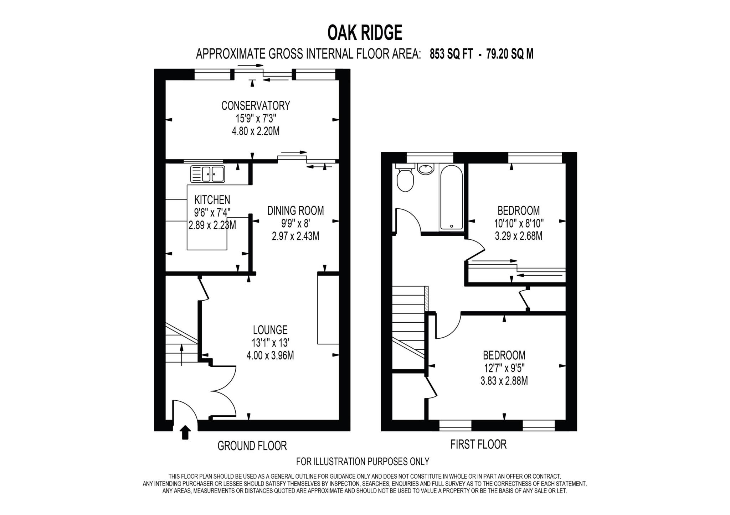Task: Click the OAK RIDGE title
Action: (x=365, y=33)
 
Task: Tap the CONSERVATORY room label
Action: (x=256, y=106)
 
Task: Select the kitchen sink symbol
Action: (x=208, y=174)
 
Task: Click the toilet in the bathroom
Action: (x=405, y=180)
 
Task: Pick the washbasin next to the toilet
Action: (x=426, y=169)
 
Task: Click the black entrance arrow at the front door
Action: (x=185, y=432)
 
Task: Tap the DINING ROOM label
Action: (x=295, y=211)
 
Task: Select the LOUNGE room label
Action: (x=270, y=330)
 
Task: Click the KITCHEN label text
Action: (x=212, y=200)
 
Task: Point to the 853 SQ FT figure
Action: (x=451, y=54)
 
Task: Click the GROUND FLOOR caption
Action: (x=252, y=446)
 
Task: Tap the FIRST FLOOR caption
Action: (x=478, y=444)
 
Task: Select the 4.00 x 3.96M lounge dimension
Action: (x=270, y=355)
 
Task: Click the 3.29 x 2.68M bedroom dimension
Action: (x=519, y=236)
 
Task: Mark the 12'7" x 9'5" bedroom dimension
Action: (x=504, y=368)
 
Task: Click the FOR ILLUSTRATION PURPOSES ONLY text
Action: (x=363, y=462)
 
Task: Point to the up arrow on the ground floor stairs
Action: (x=182, y=354)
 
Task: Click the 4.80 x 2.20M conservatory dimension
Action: (x=256, y=131)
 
